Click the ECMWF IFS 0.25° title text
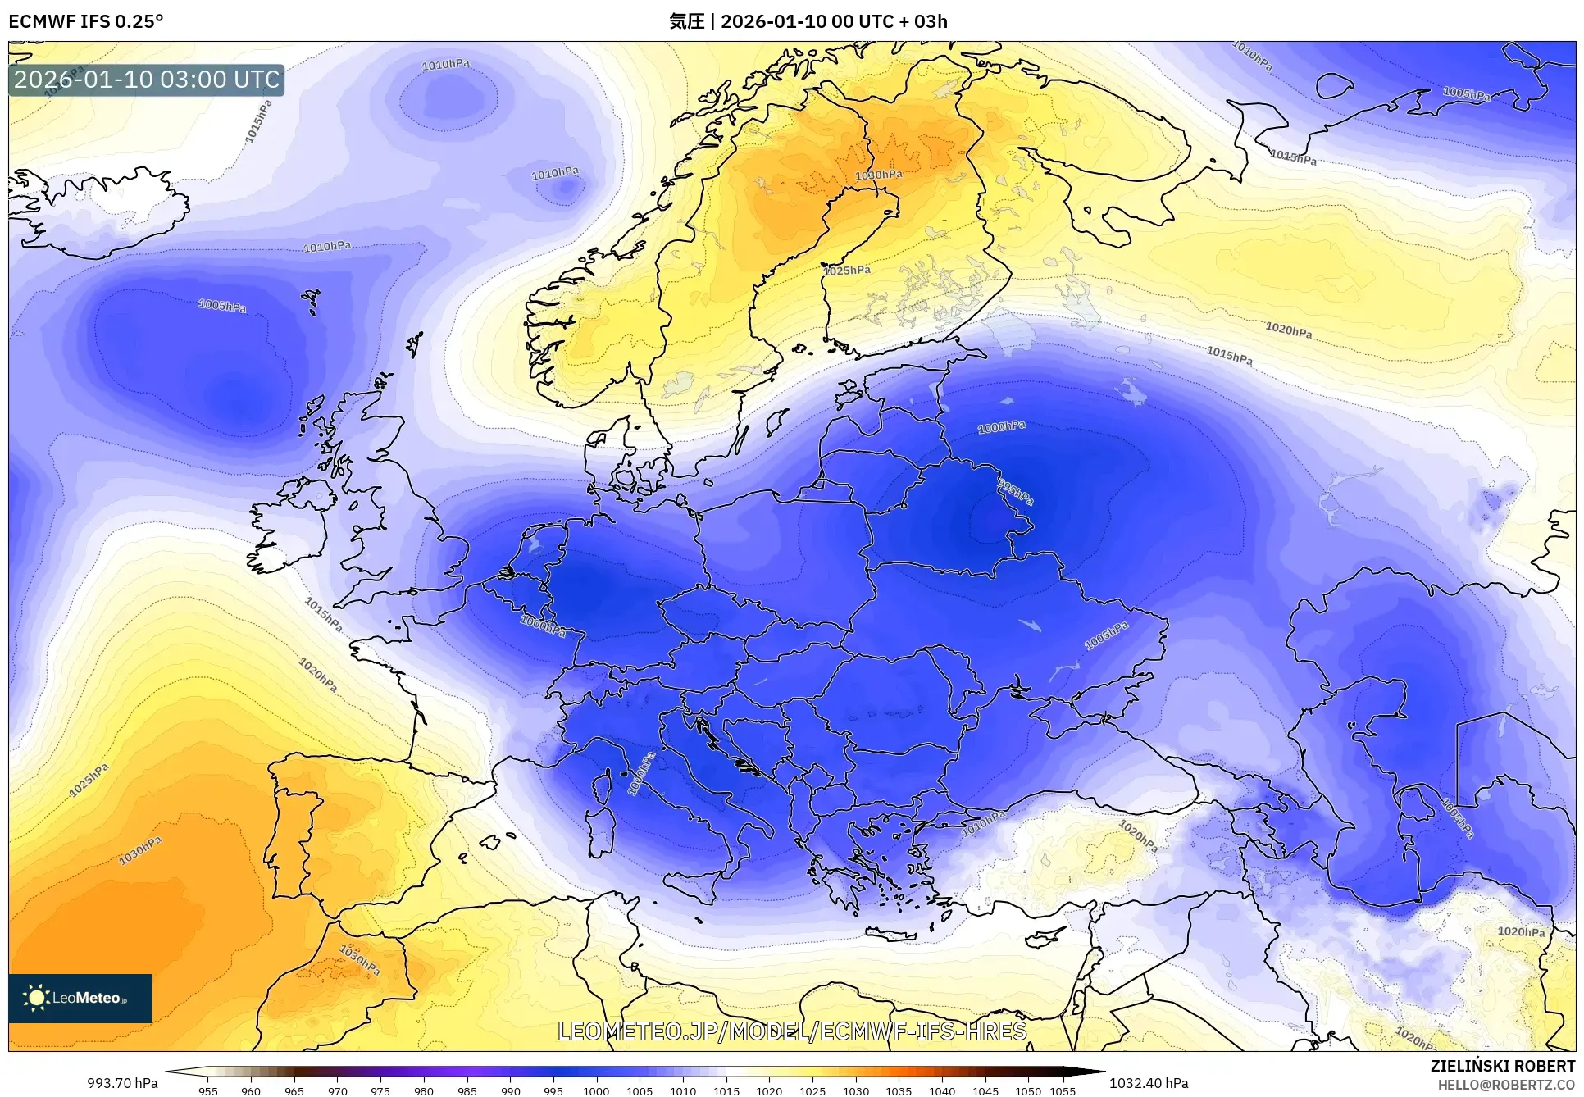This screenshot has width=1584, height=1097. (x=85, y=21)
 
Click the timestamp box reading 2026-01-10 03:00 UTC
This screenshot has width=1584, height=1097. (x=147, y=80)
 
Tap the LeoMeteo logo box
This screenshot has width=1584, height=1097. (x=80, y=998)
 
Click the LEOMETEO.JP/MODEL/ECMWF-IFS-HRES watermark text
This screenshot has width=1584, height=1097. (x=791, y=1031)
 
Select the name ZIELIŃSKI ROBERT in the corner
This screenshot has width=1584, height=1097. (x=1502, y=1066)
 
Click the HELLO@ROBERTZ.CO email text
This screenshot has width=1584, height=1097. (x=1505, y=1085)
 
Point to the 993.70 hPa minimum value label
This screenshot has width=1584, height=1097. (x=122, y=1083)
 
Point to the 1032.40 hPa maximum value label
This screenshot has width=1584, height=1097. (x=1148, y=1083)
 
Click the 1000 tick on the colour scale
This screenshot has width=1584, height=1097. (x=596, y=1091)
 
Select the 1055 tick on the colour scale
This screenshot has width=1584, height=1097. (x=1063, y=1091)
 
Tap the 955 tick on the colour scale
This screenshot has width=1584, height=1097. (x=208, y=1091)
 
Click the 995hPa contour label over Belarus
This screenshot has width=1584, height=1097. (x=1015, y=492)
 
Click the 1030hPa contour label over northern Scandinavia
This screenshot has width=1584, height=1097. (x=878, y=175)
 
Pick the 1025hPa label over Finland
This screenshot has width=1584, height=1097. (x=847, y=270)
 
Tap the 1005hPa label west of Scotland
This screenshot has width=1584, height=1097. (x=221, y=306)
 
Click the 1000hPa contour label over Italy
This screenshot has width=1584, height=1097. (x=641, y=773)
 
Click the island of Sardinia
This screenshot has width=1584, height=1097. (x=601, y=831)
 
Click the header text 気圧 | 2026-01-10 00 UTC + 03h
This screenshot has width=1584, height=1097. (x=808, y=21)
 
